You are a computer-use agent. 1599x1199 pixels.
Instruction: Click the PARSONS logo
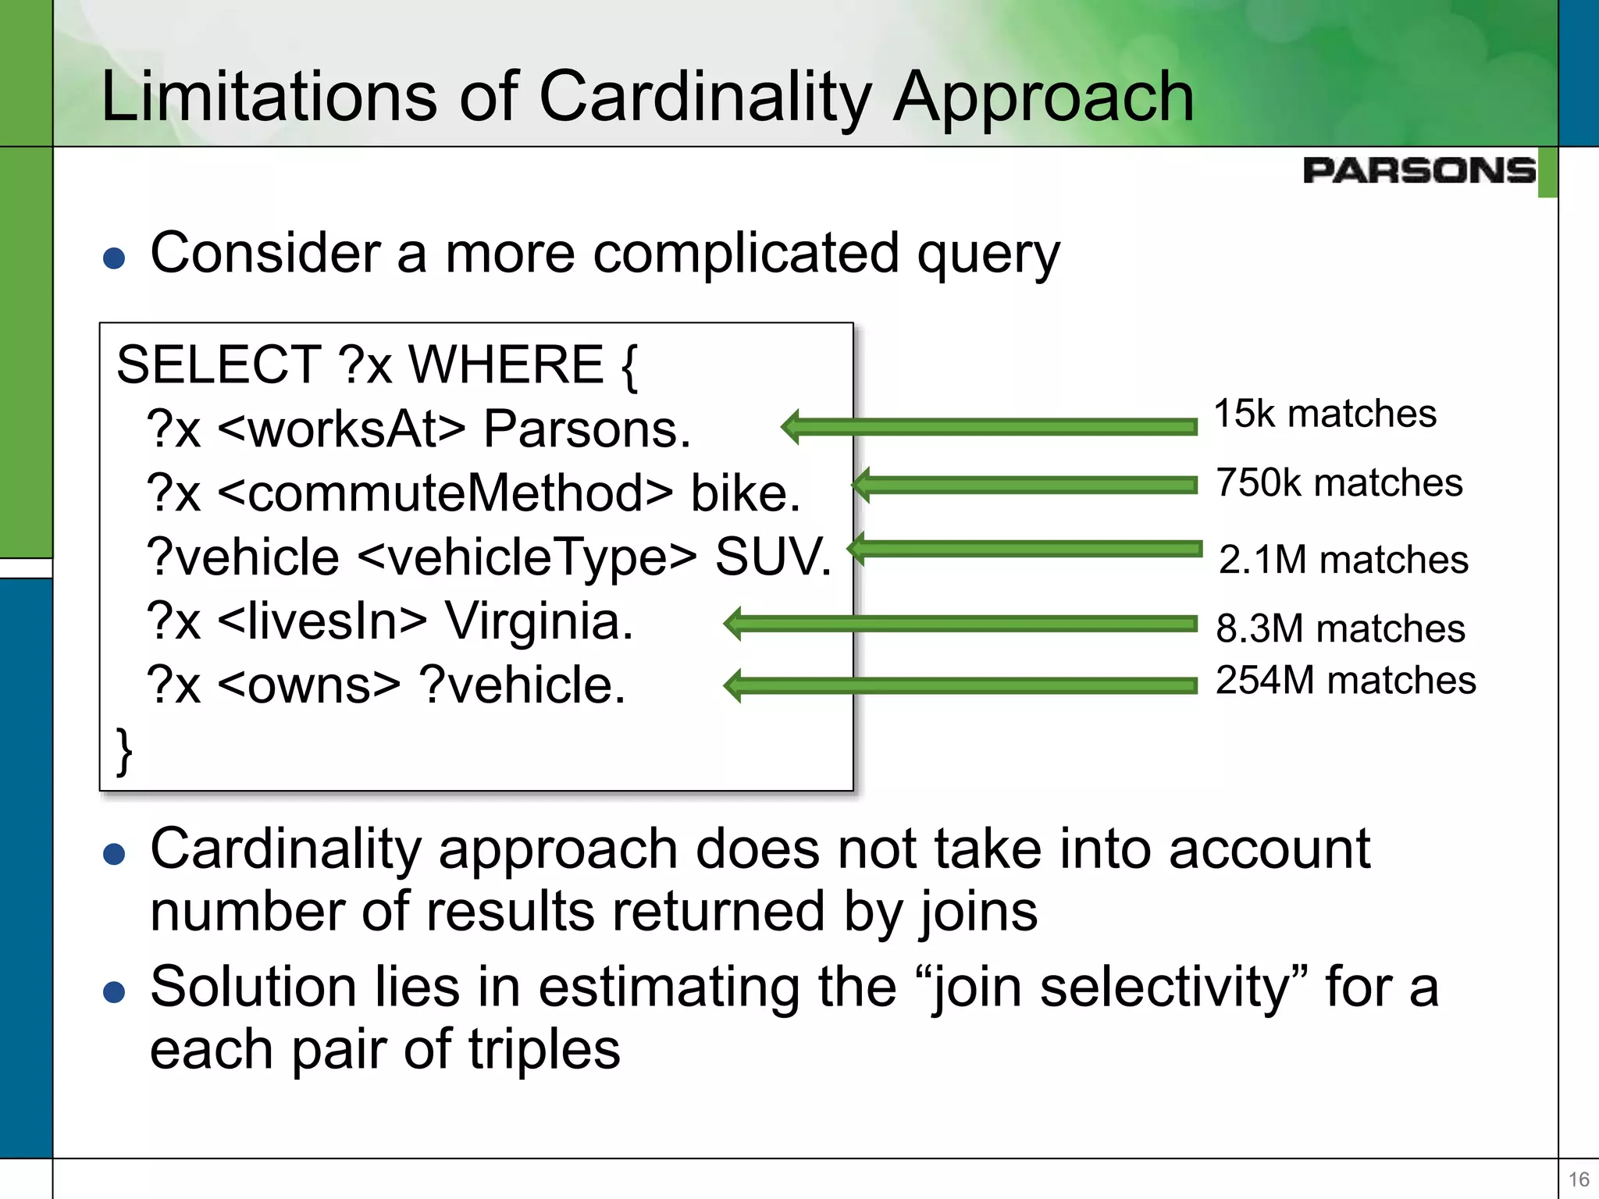pos(1419,170)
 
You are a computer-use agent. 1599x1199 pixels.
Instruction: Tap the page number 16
pos(1578,1179)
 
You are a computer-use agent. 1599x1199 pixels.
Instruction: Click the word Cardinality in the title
pos(705,97)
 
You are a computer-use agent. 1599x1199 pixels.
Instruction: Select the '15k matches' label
pos(1324,413)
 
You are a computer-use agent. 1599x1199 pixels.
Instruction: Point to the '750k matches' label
pos(1338,482)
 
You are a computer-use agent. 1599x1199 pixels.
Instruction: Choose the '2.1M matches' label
pos(1343,559)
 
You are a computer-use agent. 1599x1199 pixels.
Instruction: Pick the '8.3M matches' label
pos(1340,628)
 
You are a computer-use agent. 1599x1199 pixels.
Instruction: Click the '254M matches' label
pos(1345,679)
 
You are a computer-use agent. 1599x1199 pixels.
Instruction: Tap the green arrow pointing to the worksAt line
pos(988,426)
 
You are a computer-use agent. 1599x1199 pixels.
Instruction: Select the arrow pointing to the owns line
pos(960,685)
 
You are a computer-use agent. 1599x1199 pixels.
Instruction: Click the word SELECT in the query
pos(218,365)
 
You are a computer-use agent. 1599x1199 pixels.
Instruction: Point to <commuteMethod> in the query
pos(444,493)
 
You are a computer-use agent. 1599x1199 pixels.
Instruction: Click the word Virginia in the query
pos(539,621)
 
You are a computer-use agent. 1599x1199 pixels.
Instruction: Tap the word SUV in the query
pos(772,557)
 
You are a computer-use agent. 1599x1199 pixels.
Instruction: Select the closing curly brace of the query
pos(124,751)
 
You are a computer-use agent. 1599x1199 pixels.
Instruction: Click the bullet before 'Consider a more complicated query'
pos(114,258)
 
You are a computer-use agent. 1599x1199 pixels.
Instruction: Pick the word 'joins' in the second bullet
pos(978,912)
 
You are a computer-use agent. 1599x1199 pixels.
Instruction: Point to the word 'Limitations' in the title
pos(269,97)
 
